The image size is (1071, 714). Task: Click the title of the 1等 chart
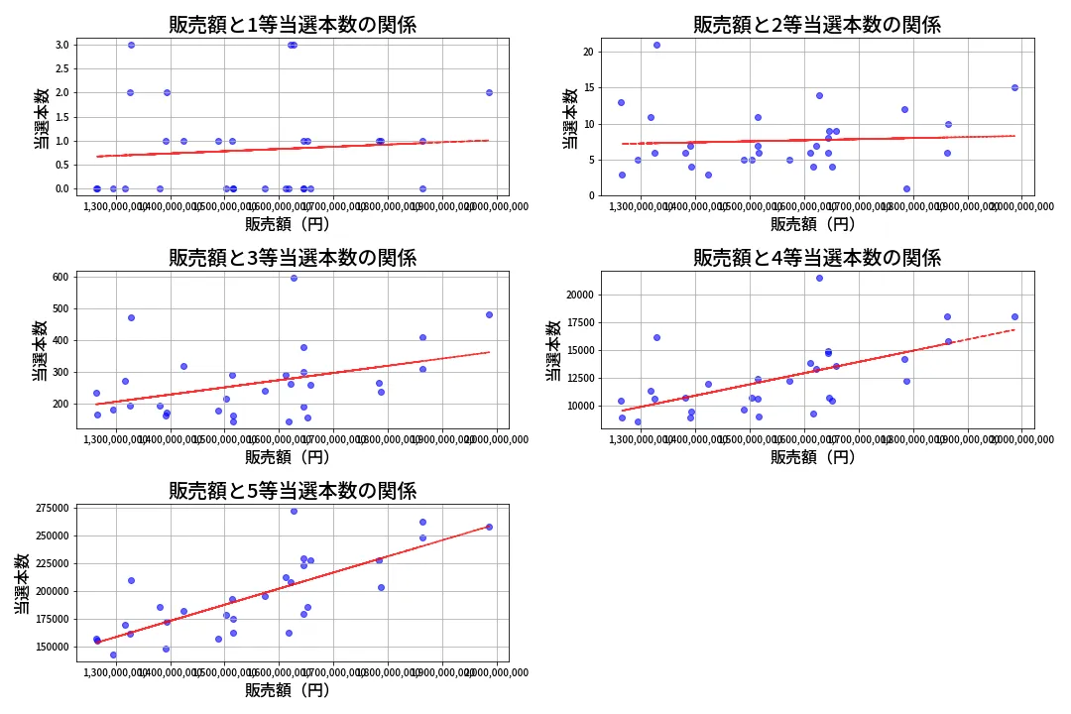tap(293, 25)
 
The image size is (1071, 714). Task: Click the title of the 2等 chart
tap(817, 25)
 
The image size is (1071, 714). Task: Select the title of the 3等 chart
tap(293, 258)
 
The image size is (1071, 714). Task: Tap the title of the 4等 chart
tap(817, 258)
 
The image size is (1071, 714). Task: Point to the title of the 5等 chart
tap(293, 490)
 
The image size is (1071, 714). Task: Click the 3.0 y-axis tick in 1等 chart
tap(61, 45)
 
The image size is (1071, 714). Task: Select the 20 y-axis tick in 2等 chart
tap(588, 53)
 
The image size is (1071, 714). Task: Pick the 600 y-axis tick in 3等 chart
tap(59, 277)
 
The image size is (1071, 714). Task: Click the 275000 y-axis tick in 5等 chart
tap(50, 509)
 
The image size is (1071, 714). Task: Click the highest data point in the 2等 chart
tap(656, 45)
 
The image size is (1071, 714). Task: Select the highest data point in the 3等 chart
tap(294, 278)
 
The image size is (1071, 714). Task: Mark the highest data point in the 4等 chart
tap(819, 278)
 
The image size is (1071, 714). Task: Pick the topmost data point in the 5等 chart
tap(294, 511)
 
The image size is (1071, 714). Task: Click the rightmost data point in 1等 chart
tap(489, 92)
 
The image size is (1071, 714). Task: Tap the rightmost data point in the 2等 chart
tap(1014, 87)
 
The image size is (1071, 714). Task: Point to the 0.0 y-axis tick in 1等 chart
tap(61, 188)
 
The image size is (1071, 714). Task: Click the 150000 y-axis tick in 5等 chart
tap(50, 647)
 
